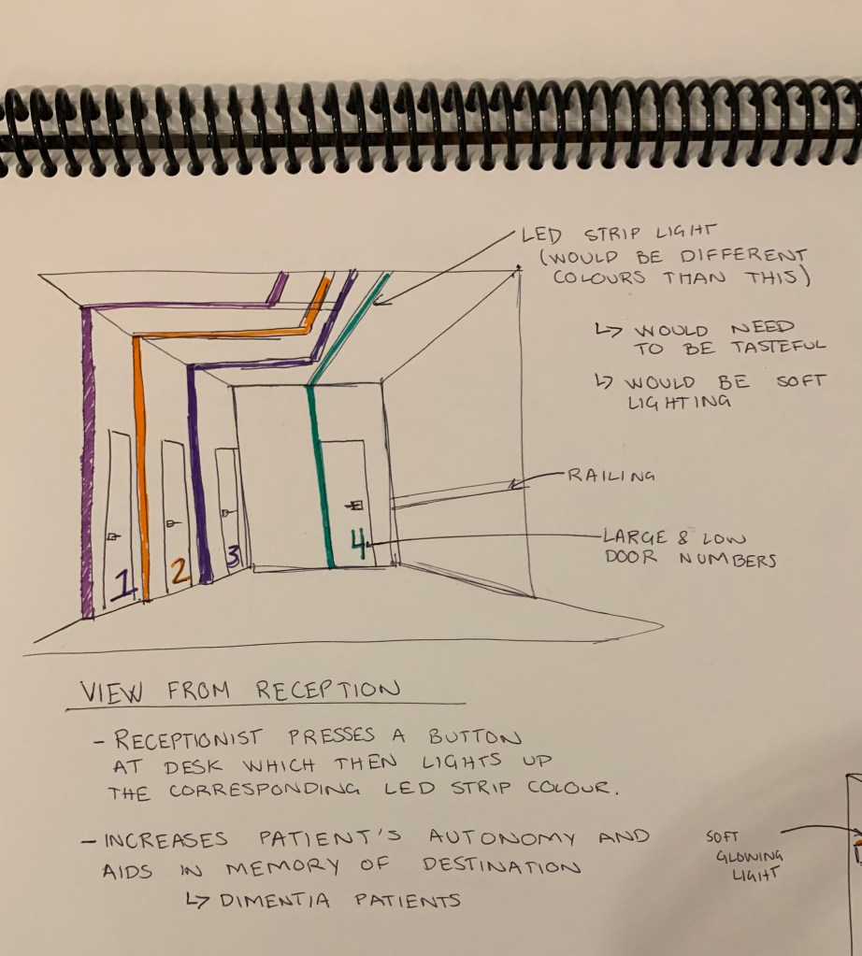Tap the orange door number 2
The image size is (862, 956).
coord(180,570)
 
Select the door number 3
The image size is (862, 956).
coord(234,555)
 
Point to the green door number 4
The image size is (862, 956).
coord(359,542)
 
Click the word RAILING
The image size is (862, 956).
coord(610,476)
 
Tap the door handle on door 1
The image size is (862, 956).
coord(113,536)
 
